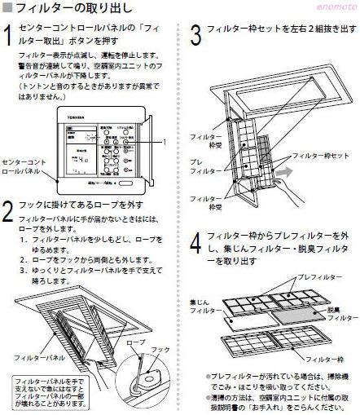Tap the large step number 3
click(x=195, y=35)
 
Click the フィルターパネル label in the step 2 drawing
click(x=45, y=357)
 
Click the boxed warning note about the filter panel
click(x=50, y=392)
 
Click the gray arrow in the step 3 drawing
click(x=287, y=172)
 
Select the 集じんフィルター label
click(x=200, y=306)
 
